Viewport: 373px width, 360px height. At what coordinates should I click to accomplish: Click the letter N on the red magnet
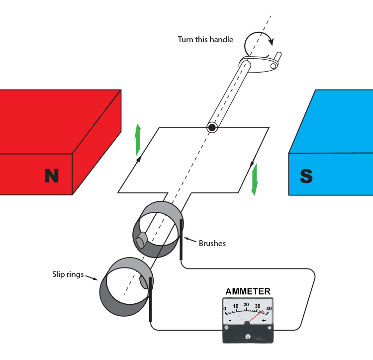[51, 176]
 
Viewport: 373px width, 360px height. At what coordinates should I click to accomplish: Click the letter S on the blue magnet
[306, 176]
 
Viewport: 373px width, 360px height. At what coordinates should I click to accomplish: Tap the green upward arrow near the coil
[138, 140]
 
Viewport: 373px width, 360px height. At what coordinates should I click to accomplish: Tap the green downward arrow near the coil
[255, 180]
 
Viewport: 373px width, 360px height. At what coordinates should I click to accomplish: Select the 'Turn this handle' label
[205, 39]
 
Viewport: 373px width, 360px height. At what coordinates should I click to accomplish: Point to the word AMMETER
[248, 291]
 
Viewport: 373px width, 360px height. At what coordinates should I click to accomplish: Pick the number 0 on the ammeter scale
[225, 309]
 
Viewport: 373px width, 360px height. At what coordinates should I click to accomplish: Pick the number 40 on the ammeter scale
[269, 308]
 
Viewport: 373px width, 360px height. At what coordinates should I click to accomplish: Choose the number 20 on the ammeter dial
[246, 305]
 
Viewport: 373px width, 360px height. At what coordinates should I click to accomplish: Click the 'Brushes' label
[212, 244]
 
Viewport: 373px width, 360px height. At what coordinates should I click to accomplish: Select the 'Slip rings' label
[67, 274]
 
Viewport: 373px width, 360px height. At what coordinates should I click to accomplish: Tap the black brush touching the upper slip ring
[182, 240]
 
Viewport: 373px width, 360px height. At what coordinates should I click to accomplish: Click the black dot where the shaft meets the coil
[212, 128]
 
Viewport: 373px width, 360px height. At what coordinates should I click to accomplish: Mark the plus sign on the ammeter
[264, 321]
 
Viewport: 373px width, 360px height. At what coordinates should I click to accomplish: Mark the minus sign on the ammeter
[230, 320]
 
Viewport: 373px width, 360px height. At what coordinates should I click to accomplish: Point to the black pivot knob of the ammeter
[247, 325]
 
